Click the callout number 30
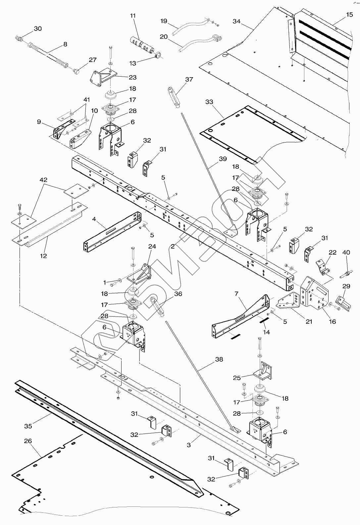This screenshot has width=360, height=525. [x=38, y=29]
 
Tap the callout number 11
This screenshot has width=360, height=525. [x=133, y=16]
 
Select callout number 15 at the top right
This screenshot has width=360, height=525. [x=349, y=15]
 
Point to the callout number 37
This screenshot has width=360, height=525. [x=189, y=80]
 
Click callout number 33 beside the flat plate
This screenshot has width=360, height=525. [x=209, y=102]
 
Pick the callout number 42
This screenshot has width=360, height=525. [x=43, y=180]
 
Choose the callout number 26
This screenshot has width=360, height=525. [x=28, y=441]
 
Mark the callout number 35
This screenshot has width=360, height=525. [x=28, y=425]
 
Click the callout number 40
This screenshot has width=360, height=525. [x=346, y=253]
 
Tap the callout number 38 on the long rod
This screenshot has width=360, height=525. [x=219, y=359]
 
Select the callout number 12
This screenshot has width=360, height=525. [x=43, y=256]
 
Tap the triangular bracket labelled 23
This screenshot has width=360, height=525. [x=103, y=76]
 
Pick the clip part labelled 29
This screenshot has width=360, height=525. [x=342, y=303]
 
